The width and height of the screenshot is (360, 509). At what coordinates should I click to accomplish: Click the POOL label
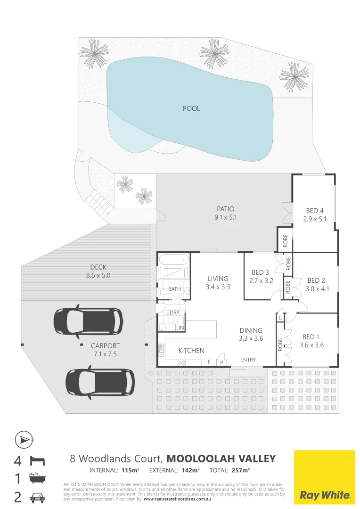(191, 108)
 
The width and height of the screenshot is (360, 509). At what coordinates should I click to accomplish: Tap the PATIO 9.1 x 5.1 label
(225, 213)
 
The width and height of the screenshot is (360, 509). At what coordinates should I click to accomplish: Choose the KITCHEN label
(191, 351)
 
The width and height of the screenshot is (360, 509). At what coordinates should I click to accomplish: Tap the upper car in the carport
(88, 320)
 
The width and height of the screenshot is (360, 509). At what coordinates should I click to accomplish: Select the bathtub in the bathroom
(173, 260)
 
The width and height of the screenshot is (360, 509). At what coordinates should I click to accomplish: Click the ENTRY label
(248, 360)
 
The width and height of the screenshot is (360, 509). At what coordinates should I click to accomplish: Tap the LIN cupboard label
(180, 327)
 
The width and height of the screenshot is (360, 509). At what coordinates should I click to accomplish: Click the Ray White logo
(325, 476)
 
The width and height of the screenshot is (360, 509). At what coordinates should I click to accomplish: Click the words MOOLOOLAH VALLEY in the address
(221, 459)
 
